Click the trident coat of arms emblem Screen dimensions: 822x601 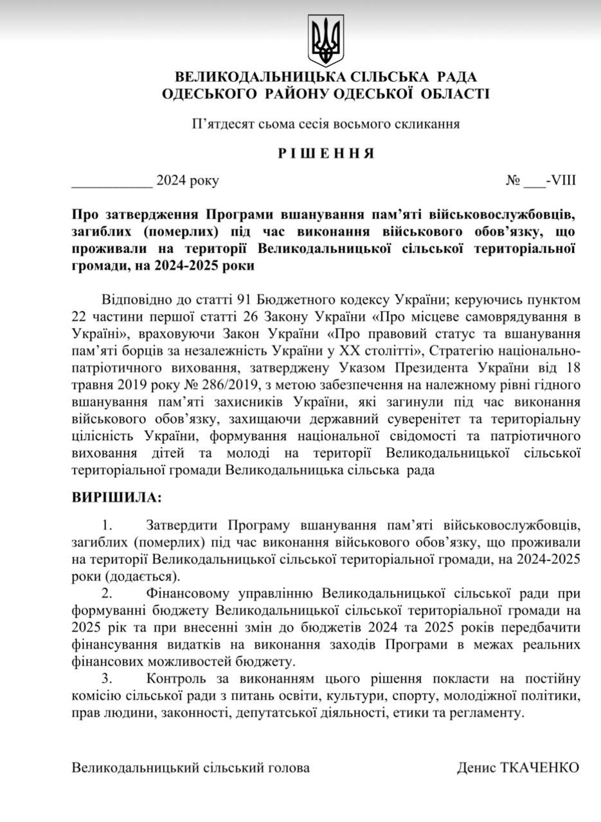click(326, 40)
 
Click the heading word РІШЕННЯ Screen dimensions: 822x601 click(325, 153)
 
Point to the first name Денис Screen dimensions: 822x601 click(475, 767)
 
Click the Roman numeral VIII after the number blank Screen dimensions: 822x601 click(563, 180)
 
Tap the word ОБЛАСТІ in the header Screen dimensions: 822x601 click(454, 94)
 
